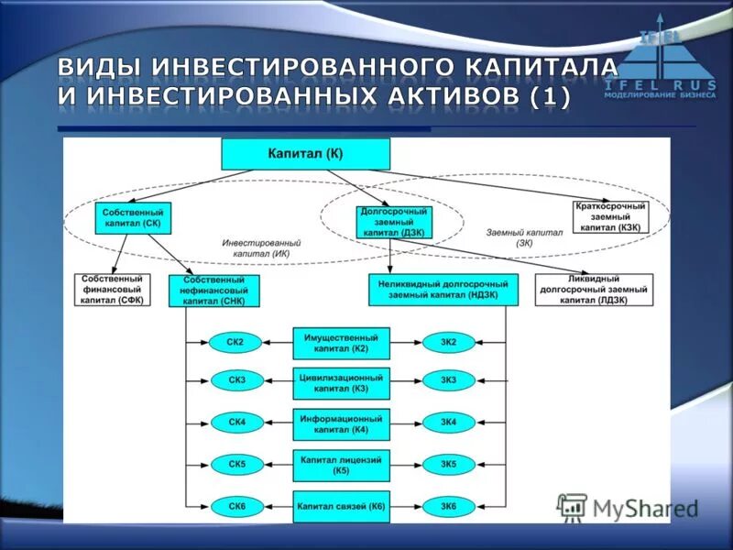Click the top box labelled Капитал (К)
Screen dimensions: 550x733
coord(306,154)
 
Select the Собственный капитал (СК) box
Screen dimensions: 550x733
coord(134,217)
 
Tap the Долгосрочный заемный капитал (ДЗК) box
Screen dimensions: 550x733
coord(394,222)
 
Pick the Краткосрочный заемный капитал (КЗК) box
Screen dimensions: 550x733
coord(610,216)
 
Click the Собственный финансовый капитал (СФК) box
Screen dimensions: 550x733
coord(112,289)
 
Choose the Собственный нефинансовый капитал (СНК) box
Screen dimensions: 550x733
coord(213,290)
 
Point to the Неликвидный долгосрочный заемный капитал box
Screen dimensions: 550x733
coord(443,290)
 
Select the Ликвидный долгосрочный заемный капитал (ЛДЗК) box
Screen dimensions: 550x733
coord(594,290)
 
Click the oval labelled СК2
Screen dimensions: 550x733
coord(235,343)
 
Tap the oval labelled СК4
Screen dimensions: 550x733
coord(235,422)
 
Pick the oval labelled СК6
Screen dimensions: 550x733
coord(235,505)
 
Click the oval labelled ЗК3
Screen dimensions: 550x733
coord(448,379)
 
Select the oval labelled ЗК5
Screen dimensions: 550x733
coord(448,464)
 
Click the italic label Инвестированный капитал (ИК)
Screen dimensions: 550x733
coord(261,247)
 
